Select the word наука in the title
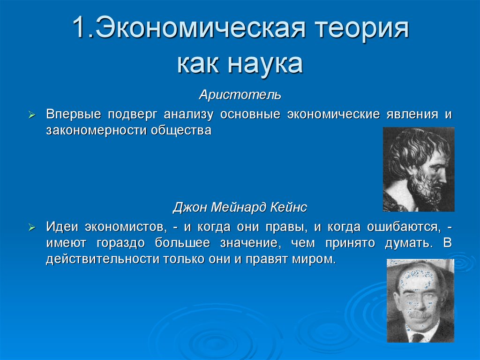click(265, 64)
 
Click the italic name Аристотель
click(240, 95)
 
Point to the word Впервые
click(73, 115)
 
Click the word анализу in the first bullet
click(188, 115)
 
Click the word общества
click(181, 131)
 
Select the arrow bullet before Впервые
click(32, 115)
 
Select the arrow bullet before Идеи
click(32, 228)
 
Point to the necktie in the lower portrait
click(417, 338)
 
